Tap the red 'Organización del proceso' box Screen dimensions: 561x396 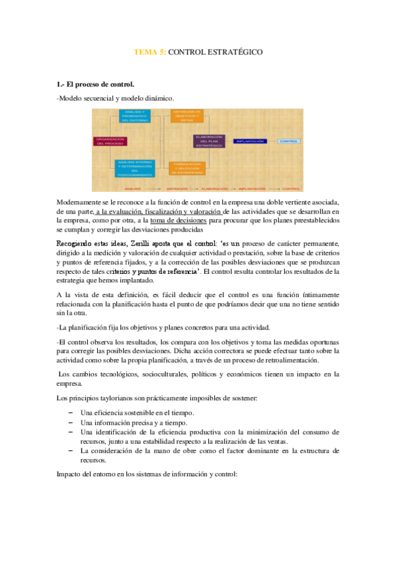click(110, 141)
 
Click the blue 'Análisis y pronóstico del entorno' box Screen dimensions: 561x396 click(136, 116)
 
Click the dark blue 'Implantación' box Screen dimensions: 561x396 click(250, 141)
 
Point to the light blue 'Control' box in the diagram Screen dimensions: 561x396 click(289, 141)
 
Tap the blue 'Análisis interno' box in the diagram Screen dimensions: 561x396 click(136, 167)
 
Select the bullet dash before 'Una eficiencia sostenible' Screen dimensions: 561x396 click(70, 412)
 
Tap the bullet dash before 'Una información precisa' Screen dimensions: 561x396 click(70, 422)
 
